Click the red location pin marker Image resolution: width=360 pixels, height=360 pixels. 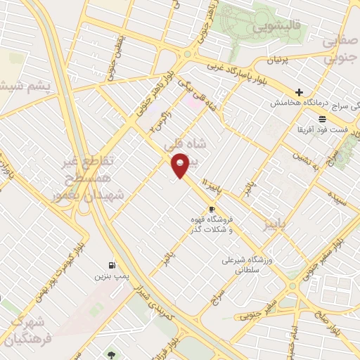(181, 165)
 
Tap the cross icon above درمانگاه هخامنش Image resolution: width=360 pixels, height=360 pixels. (300, 92)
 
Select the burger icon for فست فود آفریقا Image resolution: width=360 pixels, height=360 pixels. (322, 119)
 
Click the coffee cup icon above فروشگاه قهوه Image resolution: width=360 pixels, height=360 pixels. (212, 210)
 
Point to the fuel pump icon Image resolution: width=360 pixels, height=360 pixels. (112, 265)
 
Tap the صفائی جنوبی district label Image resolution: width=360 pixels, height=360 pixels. (341, 51)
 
